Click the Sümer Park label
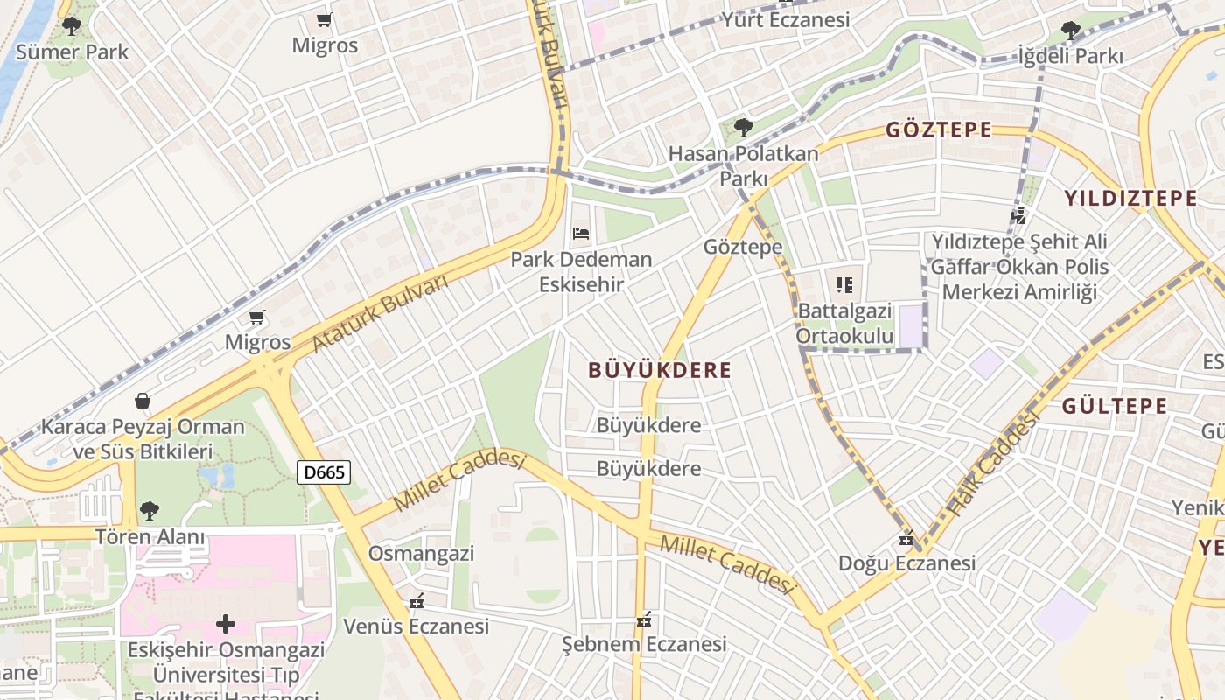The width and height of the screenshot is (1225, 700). click(x=73, y=52)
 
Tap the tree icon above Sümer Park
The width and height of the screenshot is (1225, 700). click(x=73, y=26)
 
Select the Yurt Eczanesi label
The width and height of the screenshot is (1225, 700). click(x=785, y=19)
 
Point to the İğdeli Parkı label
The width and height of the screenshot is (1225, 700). click(x=1070, y=56)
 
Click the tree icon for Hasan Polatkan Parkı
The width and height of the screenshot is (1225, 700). click(x=744, y=128)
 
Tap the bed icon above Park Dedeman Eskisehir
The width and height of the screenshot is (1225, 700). click(x=581, y=234)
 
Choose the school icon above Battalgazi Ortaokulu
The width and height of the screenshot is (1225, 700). click(x=844, y=284)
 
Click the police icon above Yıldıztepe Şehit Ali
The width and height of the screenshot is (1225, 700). click(x=1018, y=214)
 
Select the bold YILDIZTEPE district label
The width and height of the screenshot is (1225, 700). click(x=1130, y=198)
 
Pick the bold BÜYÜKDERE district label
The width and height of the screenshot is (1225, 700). click(x=660, y=370)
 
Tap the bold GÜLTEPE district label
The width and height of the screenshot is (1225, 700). click(x=1115, y=406)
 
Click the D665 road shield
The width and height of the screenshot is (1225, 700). click(x=324, y=473)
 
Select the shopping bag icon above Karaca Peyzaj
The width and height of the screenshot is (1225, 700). click(x=143, y=402)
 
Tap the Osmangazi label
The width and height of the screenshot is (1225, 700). click(x=421, y=554)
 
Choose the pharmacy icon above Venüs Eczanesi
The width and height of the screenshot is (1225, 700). click(x=416, y=602)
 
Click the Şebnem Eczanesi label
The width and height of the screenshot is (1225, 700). click(x=643, y=645)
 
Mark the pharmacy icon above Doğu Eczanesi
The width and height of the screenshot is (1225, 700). click(x=907, y=538)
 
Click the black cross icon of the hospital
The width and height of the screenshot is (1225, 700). click(x=226, y=624)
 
